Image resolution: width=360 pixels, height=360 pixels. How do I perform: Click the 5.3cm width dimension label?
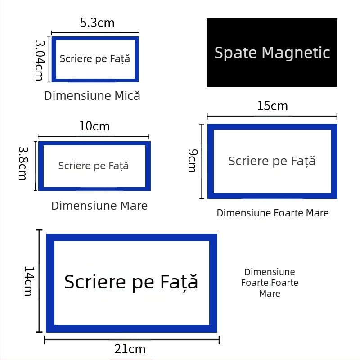pos(97,22)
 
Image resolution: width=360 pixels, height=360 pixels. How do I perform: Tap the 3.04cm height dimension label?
pos(40,59)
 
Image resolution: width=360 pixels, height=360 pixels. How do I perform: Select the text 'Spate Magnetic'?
pos(272,53)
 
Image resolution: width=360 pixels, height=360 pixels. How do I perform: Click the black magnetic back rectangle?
pos(272,74)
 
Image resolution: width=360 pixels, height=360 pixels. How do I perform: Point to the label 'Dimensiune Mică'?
pos(92,96)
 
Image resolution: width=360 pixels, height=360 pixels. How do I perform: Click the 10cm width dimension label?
pos(94,126)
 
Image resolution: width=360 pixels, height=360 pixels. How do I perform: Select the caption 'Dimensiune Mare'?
pos(99,206)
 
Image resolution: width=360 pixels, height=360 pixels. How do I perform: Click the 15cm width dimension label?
pos(272,106)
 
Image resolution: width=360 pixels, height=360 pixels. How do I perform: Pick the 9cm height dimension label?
pos(193,161)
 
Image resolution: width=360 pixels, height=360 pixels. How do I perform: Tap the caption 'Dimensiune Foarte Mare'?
pos(273,213)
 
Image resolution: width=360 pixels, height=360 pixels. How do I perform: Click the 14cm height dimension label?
pos(28,281)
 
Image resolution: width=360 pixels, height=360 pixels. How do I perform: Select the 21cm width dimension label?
pos(130,349)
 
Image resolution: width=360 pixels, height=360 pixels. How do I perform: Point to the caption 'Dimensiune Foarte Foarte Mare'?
pos(270,283)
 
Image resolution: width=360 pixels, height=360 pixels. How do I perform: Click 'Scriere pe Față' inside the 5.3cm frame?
pos(95,58)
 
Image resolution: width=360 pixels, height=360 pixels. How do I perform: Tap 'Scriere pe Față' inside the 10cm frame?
pos(94,166)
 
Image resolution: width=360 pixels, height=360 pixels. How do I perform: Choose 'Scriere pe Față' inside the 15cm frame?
pos(272,161)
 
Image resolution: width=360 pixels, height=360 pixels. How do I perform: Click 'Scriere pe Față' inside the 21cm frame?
pos(131,282)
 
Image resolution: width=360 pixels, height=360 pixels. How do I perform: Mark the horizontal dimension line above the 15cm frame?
pos(272,117)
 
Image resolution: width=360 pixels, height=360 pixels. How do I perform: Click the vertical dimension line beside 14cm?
pos(40,281)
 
